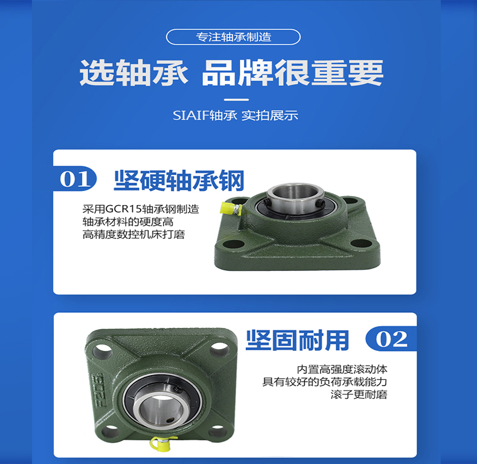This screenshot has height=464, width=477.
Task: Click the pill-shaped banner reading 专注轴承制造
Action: (x=233, y=37)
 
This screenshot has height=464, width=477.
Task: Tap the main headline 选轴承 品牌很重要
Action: (x=231, y=73)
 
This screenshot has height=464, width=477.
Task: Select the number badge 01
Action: (x=75, y=178)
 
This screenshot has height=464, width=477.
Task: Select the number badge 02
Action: (x=391, y=339)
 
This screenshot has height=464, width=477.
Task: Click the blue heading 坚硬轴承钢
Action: (x=179, y=180)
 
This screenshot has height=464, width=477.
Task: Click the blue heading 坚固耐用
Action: (x=297, y=340)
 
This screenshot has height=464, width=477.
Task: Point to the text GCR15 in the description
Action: (x=124, y=209)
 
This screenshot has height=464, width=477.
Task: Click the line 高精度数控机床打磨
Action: (x=133, y=235)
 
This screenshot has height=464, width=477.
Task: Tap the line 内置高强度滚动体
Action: (x=342, y=369)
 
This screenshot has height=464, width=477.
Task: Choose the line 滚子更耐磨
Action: (x=359, y=394)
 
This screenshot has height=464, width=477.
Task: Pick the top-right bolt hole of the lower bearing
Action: (x=220, y=348)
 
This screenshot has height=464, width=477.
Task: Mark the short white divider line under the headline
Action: (x=236, y=100)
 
